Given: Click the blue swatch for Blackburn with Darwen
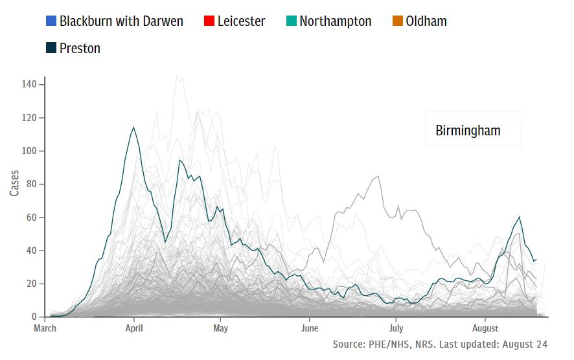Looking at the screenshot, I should [51, 21].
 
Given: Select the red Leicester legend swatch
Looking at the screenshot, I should [209, 21].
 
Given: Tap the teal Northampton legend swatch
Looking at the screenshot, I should [291, 21].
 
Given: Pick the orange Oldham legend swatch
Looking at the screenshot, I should [398, 21].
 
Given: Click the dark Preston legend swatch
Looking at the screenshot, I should [51, 48].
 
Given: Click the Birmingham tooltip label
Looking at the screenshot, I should [468, 131].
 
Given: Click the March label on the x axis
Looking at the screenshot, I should [45, 328].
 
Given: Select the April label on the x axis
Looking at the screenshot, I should [134, 328].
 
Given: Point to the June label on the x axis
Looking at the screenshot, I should [310, 328].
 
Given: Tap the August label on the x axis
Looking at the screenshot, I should [485, 328].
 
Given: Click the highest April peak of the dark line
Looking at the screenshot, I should [133, 127].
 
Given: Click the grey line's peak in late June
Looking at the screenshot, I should [378, 176].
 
